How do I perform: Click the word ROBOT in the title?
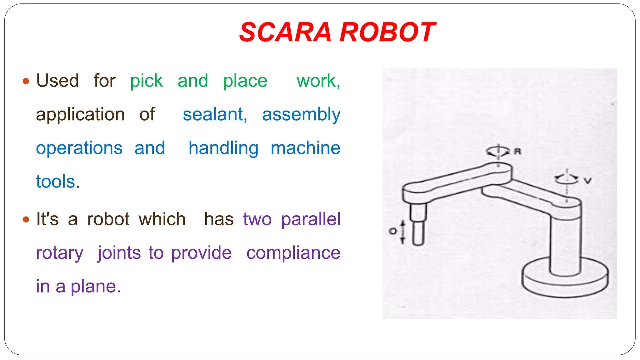[387, 32]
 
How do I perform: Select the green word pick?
[146, 81]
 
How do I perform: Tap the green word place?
[245, 81]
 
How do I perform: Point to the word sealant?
[215, 114]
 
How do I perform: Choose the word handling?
[223, 148]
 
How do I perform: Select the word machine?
[305, 148]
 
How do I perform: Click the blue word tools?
[56, 182]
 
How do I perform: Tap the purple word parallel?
[310, 219]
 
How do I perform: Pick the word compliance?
[293, 253]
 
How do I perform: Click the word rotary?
[60, 253]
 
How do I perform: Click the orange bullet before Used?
[26, 82]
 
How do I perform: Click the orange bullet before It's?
[26, 219]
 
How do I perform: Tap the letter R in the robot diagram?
[517, 152]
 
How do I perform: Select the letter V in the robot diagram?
[587, 181]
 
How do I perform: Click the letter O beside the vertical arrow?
[392, 231]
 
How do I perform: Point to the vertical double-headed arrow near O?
[402, 232]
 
